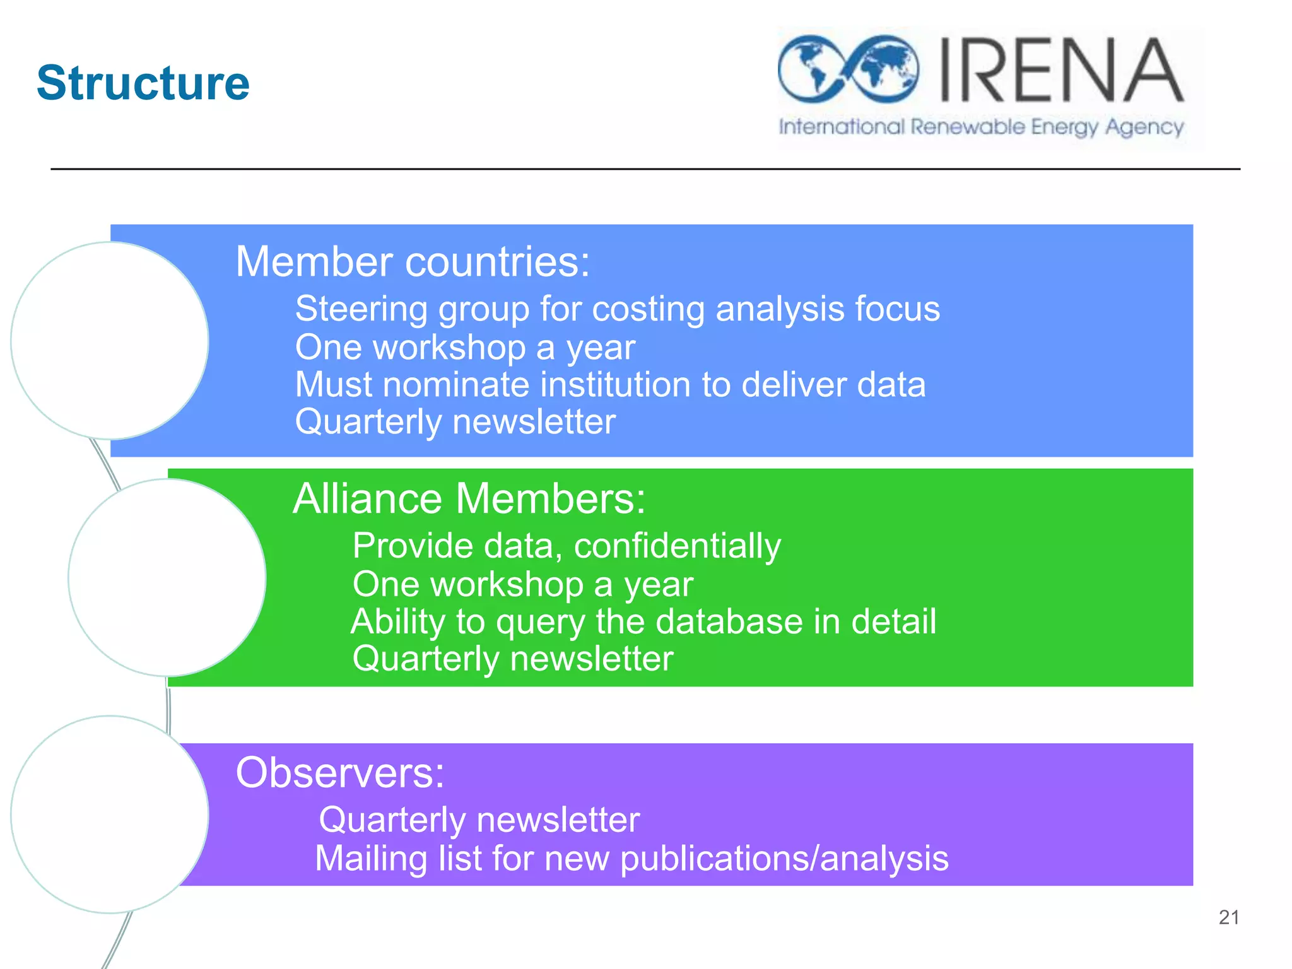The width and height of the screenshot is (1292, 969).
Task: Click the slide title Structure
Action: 143,83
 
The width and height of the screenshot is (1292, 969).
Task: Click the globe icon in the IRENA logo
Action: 847,69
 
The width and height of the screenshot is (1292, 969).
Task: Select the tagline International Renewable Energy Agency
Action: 981,127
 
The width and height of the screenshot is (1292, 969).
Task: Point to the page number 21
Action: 1229,917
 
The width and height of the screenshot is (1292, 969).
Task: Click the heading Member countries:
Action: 413,261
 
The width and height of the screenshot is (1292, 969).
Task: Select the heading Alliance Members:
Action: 469,498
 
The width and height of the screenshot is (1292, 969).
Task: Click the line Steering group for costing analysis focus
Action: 618,309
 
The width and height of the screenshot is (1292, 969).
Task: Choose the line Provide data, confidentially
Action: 567,546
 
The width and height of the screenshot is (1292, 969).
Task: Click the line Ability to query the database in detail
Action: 643,621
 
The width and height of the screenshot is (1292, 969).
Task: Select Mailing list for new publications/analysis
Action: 631,858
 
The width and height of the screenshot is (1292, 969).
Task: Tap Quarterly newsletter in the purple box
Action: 479,819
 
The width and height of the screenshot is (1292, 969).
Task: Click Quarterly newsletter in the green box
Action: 513,659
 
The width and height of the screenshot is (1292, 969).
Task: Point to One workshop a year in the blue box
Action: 465,347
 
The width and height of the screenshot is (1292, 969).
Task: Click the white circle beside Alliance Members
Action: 167,577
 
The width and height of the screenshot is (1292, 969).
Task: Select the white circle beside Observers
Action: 110,814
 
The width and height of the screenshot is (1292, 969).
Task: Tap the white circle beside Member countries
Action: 110,341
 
